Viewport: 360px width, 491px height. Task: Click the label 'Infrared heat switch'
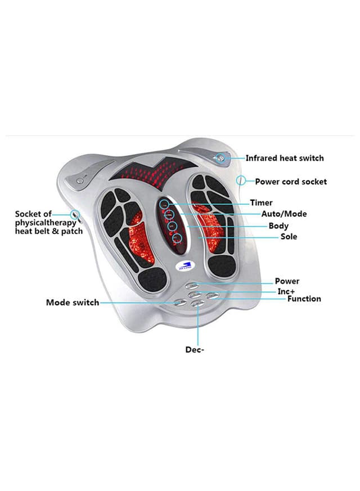(x=284, y=159)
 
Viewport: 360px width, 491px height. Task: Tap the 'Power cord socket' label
(x=290, y=182)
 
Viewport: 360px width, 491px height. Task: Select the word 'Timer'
(x=261, y=202)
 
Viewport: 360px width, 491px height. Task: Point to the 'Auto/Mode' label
(x=283, y=214)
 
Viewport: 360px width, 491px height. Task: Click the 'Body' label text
(x=278, y=226)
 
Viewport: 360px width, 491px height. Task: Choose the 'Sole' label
(x=289, y=237)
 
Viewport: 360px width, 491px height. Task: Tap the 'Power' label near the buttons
(x=287, y=281)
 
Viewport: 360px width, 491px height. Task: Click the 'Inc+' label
(x=286, y=291)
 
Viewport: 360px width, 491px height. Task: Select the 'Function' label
(x=304, y=299)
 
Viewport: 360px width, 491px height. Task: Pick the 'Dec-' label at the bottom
(x=195, y=350)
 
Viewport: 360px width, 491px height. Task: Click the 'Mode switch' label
(x=72, y=303)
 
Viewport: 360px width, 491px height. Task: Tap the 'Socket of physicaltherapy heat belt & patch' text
(x=48, y=223)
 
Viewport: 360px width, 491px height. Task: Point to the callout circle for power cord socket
(x=241, y=181)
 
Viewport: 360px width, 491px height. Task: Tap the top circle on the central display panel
(x=165, y=204)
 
